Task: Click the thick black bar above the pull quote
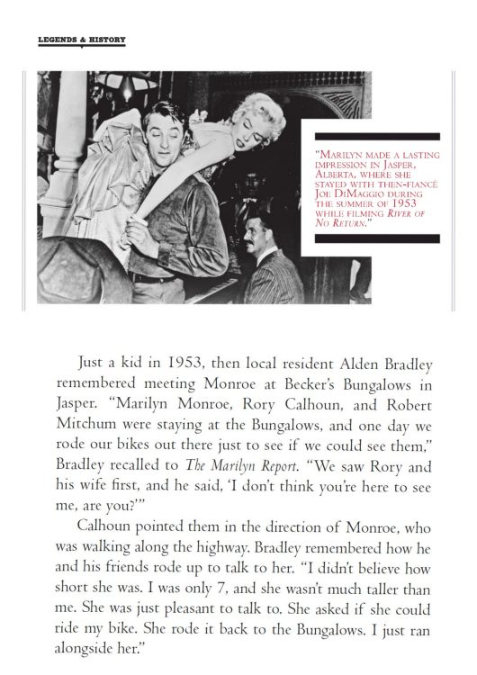373,135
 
